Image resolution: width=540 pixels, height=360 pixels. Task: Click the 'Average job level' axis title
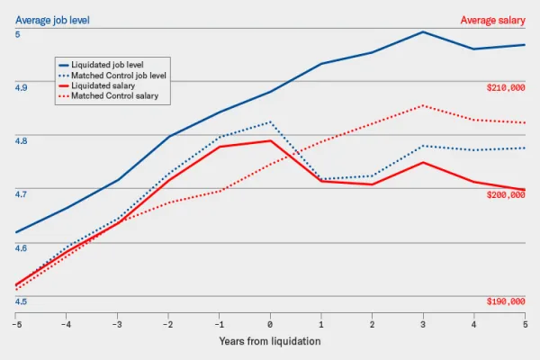[x=53, y=19]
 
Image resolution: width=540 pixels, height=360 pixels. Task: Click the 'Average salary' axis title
[x=492, y=19]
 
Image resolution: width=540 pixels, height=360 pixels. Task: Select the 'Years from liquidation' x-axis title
[x=269, y=341]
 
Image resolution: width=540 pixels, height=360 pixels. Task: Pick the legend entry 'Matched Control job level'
[x=119, y=76]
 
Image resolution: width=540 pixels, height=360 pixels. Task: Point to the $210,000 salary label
[x=505, y=87]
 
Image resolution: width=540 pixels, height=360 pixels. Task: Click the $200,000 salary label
[x=505, y=194]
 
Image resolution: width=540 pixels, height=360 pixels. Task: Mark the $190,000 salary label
[x=505, y=301]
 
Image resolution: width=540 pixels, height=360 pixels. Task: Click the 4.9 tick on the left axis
[x=22, y=87]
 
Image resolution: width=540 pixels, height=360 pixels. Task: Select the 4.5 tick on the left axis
[x=22, y=301]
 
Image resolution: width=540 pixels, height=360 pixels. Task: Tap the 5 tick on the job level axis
[x=17, y=34]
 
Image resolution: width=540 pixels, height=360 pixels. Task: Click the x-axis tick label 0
[x=270, y=323]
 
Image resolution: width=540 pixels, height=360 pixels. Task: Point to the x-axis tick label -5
[x=15, y=323]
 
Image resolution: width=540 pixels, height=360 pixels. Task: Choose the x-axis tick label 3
[x=423, y=323]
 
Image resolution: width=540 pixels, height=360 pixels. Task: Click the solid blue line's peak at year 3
[x=423, y=31]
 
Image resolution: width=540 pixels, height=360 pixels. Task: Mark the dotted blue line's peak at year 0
[x=270, y=121]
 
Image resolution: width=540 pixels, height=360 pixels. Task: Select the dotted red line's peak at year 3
[x=423, y=105]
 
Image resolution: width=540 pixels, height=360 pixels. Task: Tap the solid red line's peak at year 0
[x=270, y=140]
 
